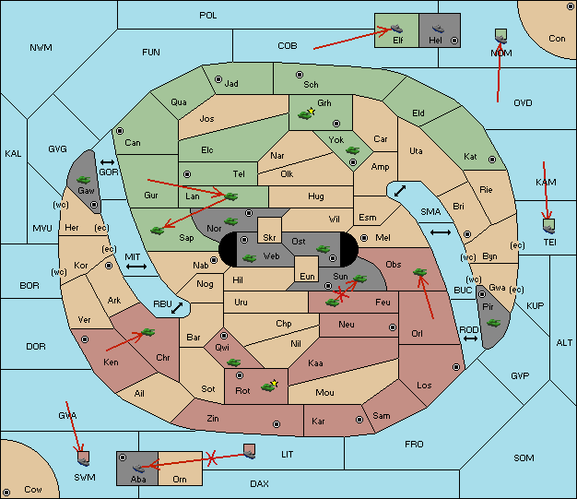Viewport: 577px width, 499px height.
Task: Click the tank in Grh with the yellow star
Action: (305, 115)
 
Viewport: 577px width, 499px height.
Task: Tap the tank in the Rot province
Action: (268, 386)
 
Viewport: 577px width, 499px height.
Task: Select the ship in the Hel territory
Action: (438, 29)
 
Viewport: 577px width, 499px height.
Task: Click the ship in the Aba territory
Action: (138, 469)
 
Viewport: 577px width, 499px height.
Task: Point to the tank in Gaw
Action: (84, 180)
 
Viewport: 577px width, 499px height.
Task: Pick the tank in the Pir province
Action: (493, 323)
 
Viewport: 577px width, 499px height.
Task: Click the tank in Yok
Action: (352, 150)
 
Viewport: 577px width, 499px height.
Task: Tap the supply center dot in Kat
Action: (492, 160)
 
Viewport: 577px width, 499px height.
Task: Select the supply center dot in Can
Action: (120, 131)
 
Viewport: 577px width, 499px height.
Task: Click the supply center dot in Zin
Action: (277, 424)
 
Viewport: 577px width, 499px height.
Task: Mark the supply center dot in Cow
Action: (6, 493)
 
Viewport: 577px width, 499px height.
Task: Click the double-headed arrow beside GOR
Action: (107, 162)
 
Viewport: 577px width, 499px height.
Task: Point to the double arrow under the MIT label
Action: (136, 267)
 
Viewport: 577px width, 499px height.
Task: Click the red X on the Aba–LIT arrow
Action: (211, 458)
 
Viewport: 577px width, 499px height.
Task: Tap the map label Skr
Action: (269, 238)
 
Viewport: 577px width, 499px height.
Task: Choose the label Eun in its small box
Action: (307, 276)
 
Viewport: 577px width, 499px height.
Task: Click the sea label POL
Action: (208, 16)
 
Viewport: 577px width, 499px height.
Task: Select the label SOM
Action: (524, 457)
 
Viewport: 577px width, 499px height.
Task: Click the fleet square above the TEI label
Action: (548, 225)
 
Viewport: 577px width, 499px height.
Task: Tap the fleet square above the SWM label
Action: (84, 458)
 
